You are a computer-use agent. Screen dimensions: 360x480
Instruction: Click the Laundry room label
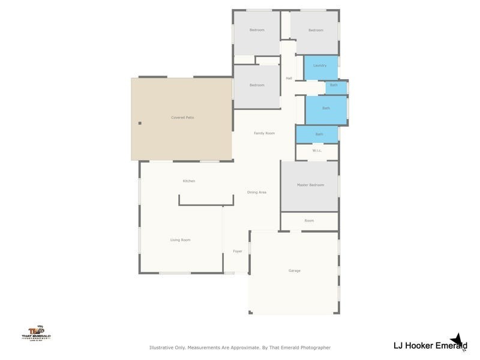point(319,65)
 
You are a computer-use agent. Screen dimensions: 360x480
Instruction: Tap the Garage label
point(294,271)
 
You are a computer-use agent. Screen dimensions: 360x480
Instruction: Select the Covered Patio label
point(182,118)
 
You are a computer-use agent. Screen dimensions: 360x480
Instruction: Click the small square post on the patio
point(140,123)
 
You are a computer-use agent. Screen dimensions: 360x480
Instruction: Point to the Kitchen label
point(189,181)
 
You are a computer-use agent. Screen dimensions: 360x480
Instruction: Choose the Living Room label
point(180,240)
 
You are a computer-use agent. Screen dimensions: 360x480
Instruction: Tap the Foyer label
point(238,251)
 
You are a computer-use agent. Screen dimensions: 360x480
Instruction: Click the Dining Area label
point(257,192)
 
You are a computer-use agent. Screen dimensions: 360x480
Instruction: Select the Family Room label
point(264,133)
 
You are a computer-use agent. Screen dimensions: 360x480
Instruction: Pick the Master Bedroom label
point(310,185)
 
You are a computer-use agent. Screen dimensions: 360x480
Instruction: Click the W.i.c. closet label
point(317,151)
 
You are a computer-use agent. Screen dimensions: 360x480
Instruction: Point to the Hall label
point(289,79)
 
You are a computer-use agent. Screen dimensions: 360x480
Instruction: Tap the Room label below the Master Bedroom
point(309,221)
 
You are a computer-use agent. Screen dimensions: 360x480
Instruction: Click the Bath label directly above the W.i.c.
point(319,134)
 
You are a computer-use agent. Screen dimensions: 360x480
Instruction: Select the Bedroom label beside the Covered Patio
point(257,85)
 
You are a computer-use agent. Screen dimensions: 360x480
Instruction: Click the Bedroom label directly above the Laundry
point(316,31)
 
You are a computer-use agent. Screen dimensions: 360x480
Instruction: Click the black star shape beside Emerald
point(460,341)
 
